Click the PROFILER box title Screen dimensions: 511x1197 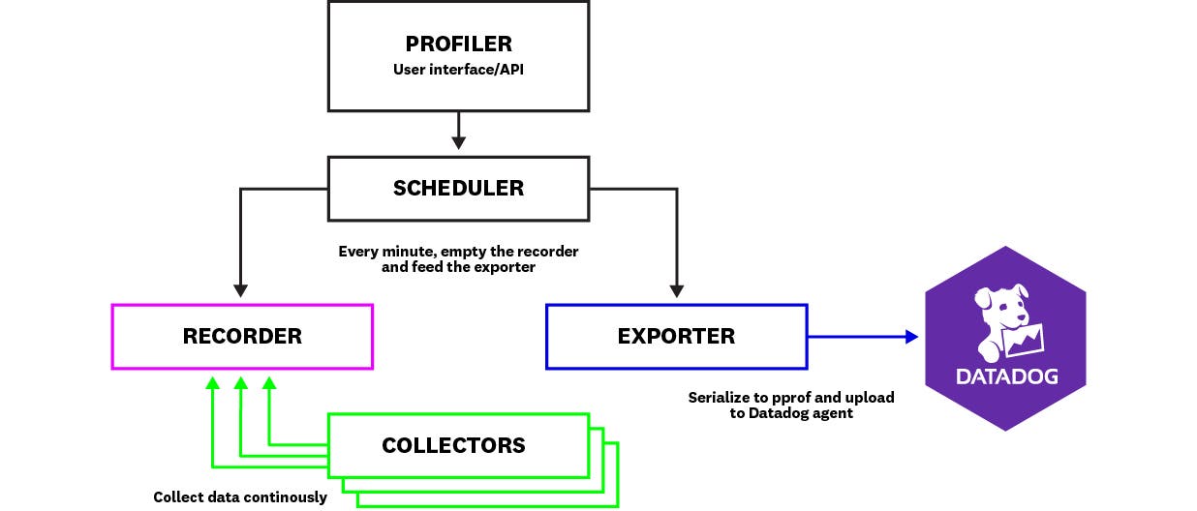pos(458,45)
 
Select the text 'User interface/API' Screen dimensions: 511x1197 pos(458,70)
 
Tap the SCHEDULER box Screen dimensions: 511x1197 pos(458,188)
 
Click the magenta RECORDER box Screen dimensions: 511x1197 pos(242,337)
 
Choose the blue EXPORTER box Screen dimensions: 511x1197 pos(676,337)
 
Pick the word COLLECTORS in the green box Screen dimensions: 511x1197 pos(453,446)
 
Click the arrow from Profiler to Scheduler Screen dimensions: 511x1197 pos(458,130)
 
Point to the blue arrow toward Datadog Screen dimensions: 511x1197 pos(862,337)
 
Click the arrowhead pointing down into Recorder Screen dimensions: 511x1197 pos(241,289)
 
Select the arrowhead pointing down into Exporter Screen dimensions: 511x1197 pos(677,289)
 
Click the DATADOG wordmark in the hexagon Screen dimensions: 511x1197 pos(1006,376)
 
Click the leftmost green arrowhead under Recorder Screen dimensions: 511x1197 pos(212,383)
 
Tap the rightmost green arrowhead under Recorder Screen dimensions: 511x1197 pos(270,383)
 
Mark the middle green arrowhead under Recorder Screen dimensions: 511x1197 pos(241,383)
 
